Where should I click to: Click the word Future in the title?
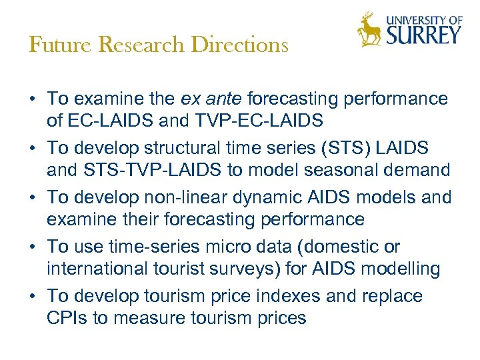click(x=51, y=45)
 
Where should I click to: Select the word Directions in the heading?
click(x=239, y=45)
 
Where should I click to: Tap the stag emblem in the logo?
click(x=369, y=30)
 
